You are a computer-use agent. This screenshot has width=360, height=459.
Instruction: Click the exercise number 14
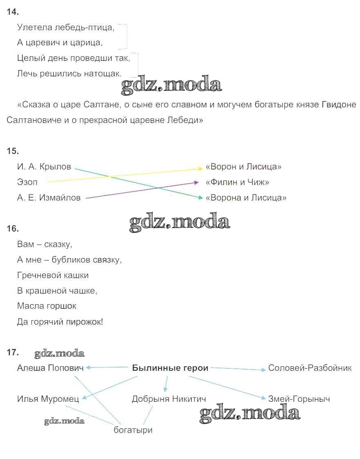[13, 12]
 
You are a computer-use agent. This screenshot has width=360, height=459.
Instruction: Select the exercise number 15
[13, 151]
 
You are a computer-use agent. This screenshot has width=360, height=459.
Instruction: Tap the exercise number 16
[13, 229]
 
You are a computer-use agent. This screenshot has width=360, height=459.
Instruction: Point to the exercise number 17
[13, 352]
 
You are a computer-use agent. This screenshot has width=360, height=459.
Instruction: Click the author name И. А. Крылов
[44, 167]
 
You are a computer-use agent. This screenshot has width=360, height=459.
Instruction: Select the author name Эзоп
[27, 182]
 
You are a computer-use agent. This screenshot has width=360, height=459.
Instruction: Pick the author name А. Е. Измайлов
[49, 198]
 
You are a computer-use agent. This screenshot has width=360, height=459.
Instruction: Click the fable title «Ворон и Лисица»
[243, 167]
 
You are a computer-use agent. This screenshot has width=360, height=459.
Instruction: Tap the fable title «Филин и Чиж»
[237, 182]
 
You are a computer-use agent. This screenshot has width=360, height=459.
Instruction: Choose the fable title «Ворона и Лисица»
[246, 198]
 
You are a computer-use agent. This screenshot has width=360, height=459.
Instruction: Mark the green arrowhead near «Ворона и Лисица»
[201, 198]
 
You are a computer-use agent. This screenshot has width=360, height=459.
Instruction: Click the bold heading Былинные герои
[170, 368]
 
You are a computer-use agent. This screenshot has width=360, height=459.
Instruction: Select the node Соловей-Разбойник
[310, 368]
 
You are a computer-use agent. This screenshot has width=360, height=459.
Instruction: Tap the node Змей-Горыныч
[299, 399]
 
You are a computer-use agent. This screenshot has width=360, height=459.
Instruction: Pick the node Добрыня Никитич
[169, 399]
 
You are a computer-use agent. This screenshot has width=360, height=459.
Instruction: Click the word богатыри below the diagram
[133, 430]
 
